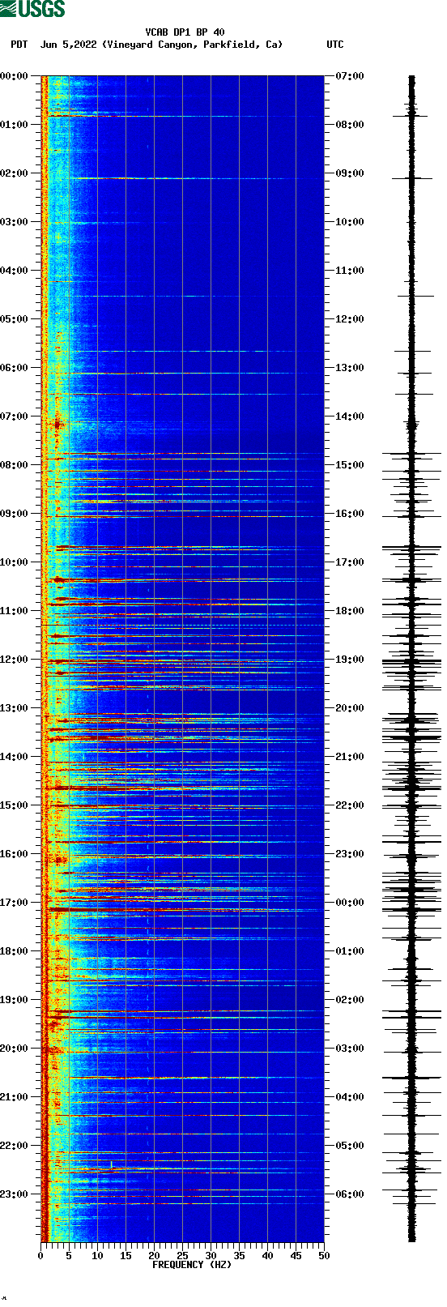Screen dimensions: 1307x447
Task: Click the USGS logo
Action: coord(32,9)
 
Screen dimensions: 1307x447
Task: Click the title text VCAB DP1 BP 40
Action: coord(185,32)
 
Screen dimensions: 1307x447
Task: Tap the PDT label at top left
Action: coord(19,45)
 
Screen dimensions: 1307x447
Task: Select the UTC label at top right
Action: coord(334,45)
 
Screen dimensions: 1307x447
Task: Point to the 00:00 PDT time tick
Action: coord(14,76)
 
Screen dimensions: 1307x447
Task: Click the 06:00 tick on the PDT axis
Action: coord(14,368)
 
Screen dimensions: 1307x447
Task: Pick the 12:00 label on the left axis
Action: coord(14,660)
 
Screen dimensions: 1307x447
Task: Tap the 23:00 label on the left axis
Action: coord(14,1194)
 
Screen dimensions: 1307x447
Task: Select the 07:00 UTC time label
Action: coord(349,76)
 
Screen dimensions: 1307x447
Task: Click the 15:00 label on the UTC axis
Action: coord(349,465)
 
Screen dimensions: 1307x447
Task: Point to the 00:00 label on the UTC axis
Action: coord(349,903)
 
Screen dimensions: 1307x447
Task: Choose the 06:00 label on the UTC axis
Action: coord(349,1194)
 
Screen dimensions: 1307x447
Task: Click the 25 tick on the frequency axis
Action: coord(182,1255)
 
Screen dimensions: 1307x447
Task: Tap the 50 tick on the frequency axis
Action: coord(324,1255)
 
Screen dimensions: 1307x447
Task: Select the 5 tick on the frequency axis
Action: coord(69,1255)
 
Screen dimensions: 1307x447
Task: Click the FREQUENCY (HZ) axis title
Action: coord(192,1265)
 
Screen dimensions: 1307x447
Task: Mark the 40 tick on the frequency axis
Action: coord(267,1255)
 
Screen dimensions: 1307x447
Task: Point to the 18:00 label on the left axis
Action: coord(14,951)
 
